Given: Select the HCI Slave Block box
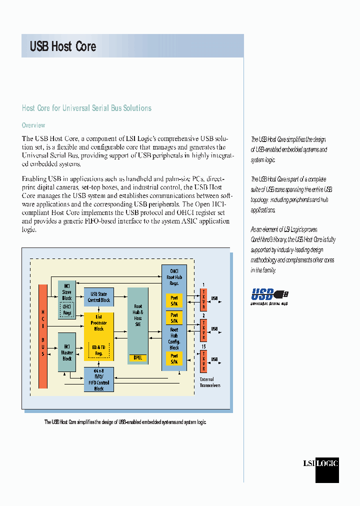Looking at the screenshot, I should pyautogui.click(x=67, y=295).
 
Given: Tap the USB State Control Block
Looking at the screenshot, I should pyautogui.click(x=98, y=297).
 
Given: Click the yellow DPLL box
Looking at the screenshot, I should pyautogui.click(x=137, y=357).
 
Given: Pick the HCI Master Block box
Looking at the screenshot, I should pyautogui.click(x=67, y=352).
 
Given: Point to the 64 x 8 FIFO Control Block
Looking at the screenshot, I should pyautogui.click(x=98, y=379).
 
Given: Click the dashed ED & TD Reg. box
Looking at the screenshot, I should pyautogui.click(x=99, y=349).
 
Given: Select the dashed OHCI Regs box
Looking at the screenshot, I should pyautogui.click(x=67, y=308).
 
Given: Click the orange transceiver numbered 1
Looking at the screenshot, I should pyautogui.click(x=203, y=300).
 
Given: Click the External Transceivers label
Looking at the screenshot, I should pyautogui.click(x=210, y=382).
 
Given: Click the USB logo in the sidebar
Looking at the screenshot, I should pyautogui.click(x=269, y=295).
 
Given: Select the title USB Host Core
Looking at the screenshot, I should pyautogui.click(x=63, y=46).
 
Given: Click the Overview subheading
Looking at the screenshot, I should pyautogui.click(x=33, y=125).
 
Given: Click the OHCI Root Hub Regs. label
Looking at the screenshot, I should pyautogui.click(x=174, y=277).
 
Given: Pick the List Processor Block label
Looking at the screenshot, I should pyautogui.click(x=98, y=322).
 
